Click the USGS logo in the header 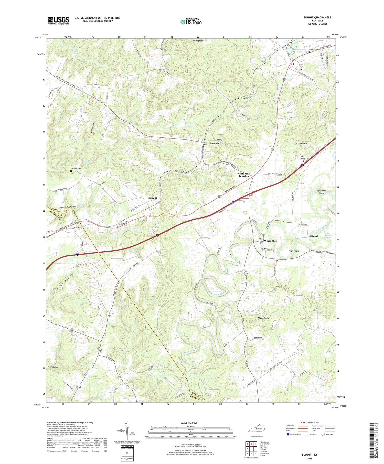(x=58, y=20)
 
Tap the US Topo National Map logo (x=191, y=22)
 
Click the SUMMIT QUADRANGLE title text (x=317, y=17)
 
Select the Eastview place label (x=214, y=144)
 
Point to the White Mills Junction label (x=244, y=175)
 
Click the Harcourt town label (x=313, y=236)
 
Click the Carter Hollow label (x=52, y=367)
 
